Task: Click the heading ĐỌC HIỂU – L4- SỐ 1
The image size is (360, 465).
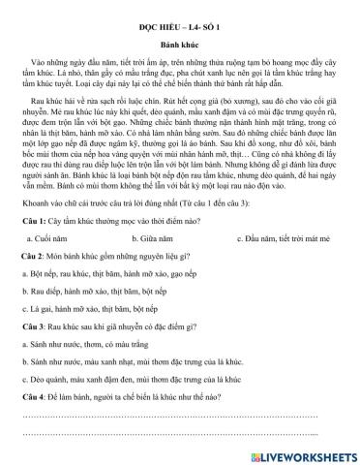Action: coord(179,18)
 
